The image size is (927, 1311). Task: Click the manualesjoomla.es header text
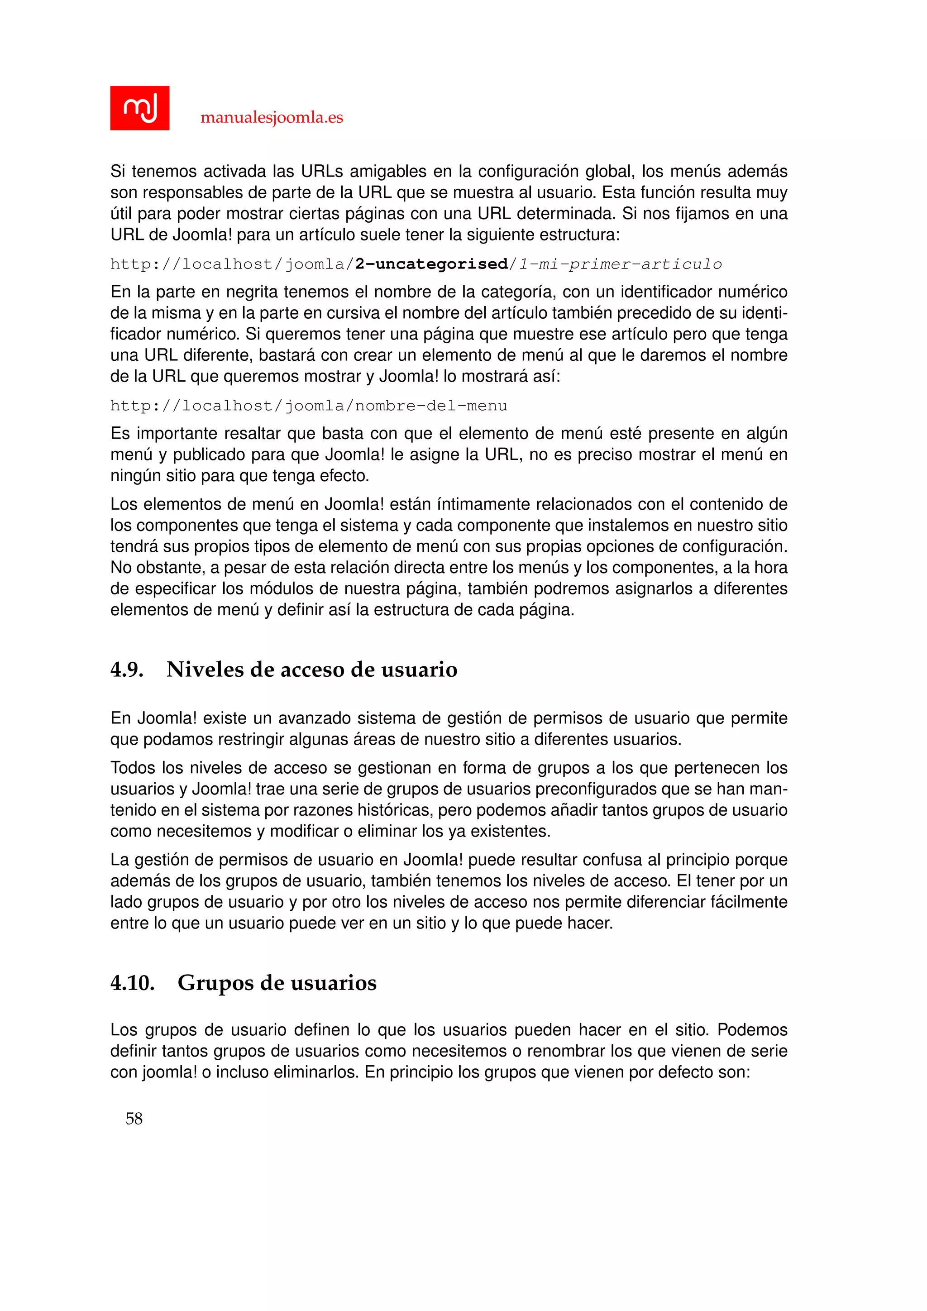[x=272, y=118]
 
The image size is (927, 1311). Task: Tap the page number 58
[x=134, y=1118]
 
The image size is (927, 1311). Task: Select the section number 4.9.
[x=127, y=669]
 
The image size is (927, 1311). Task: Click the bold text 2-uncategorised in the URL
[x=431, y=264]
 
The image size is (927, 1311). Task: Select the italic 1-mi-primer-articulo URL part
[x=620, y=264]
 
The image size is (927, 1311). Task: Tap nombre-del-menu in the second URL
[x=431, y=406]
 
